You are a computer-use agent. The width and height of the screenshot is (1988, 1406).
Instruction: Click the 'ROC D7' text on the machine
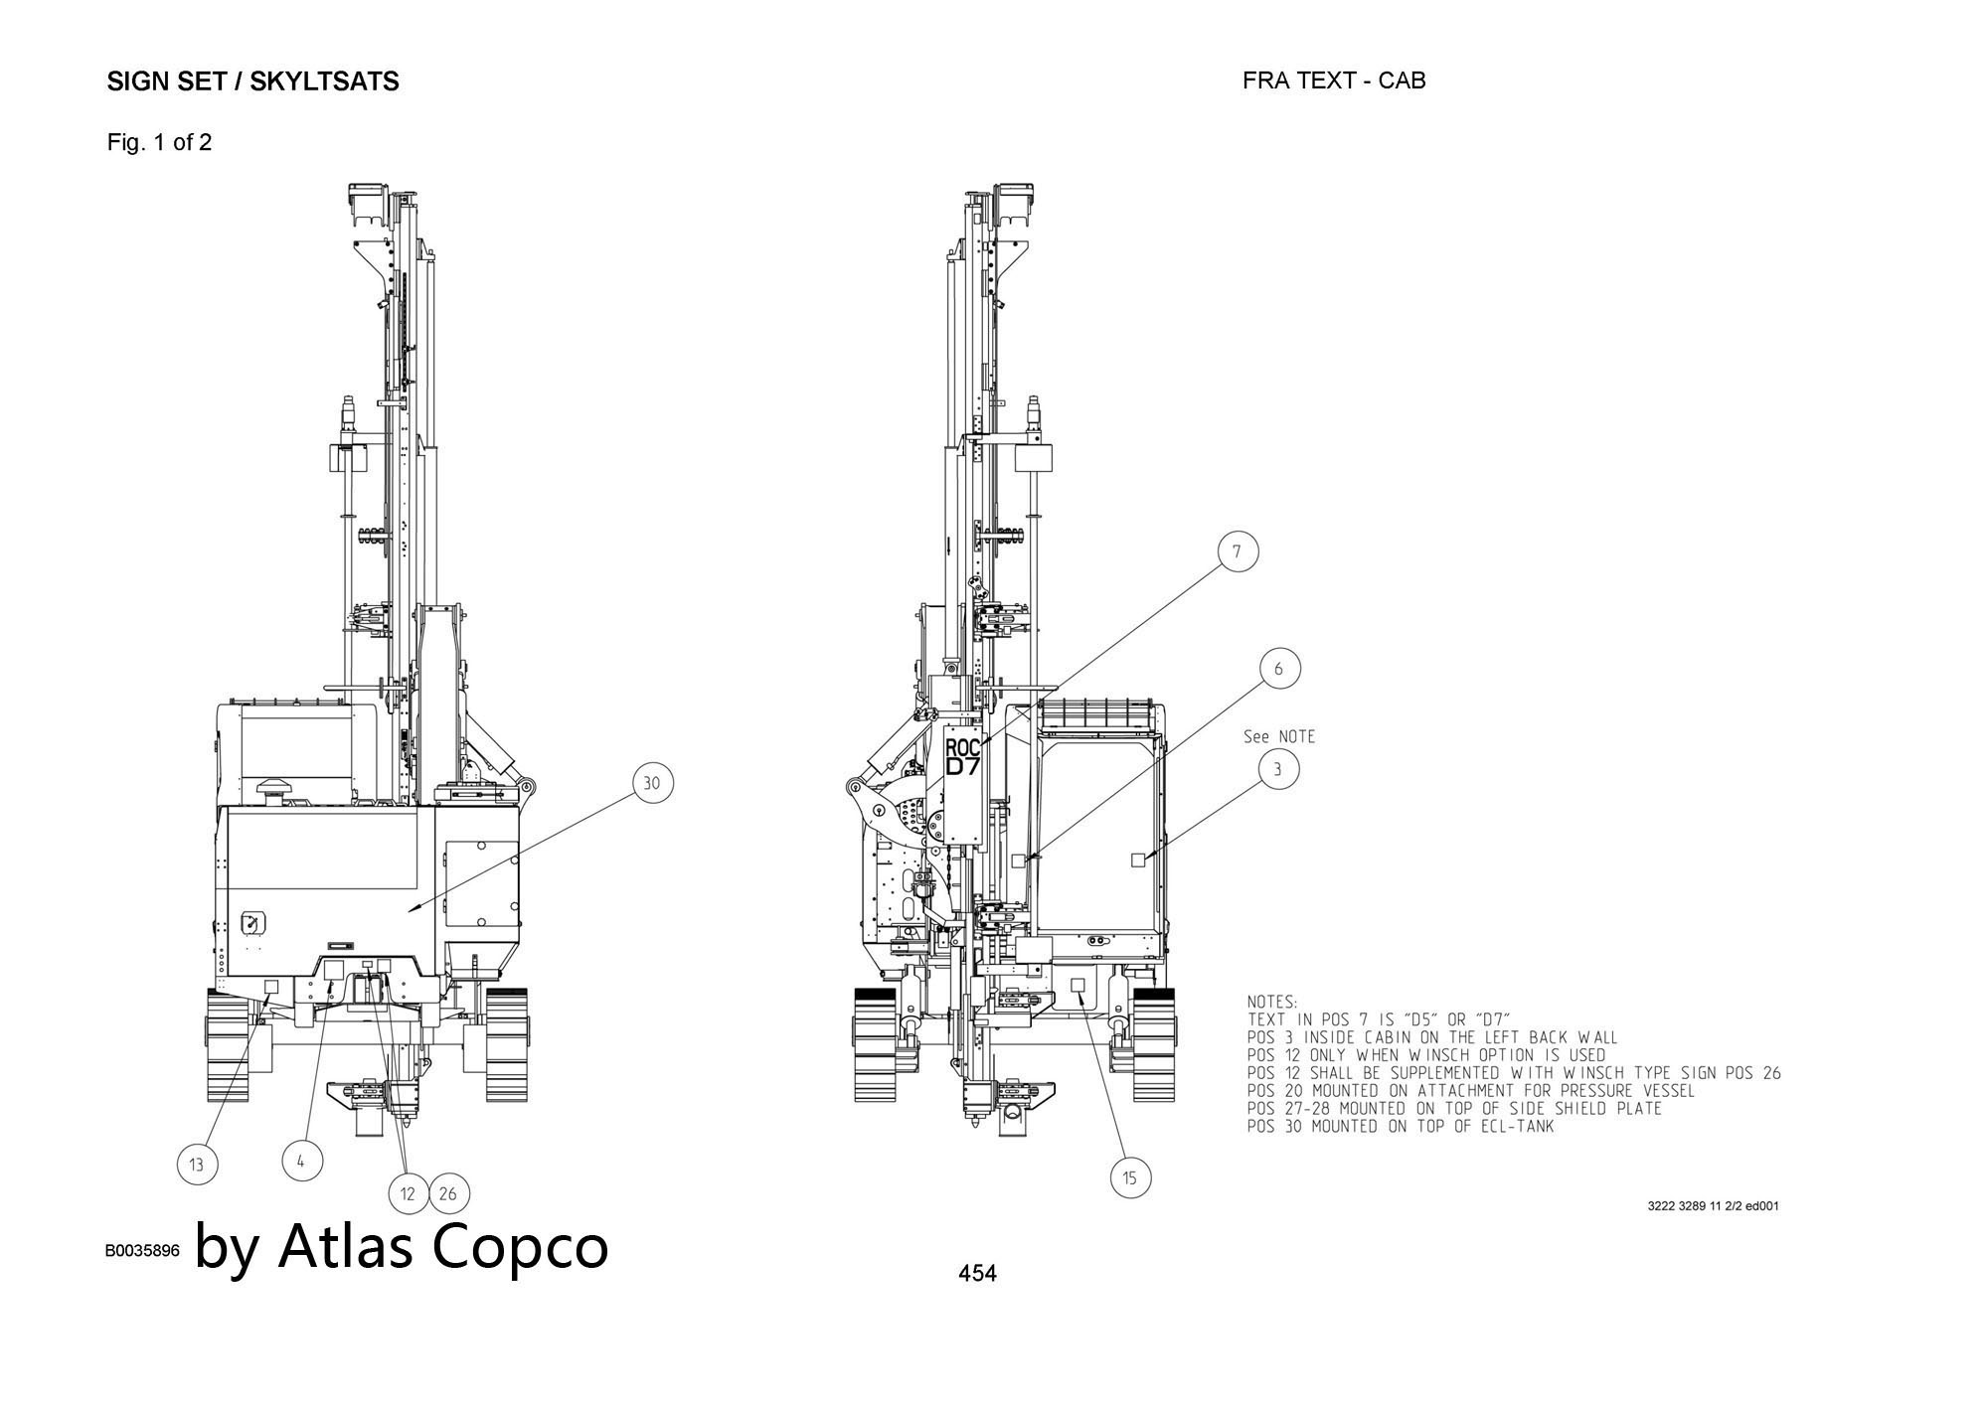point(962,757)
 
